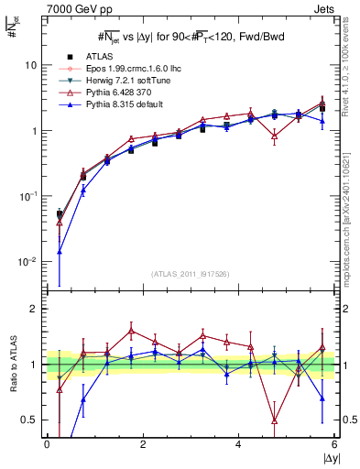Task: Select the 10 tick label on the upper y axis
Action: (33, 66)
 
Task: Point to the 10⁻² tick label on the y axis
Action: (30, 261)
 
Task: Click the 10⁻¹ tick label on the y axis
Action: (30, 196)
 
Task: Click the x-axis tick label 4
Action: (238, 444)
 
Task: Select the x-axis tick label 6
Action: (334, 444)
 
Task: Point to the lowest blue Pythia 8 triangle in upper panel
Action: (60, 251)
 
